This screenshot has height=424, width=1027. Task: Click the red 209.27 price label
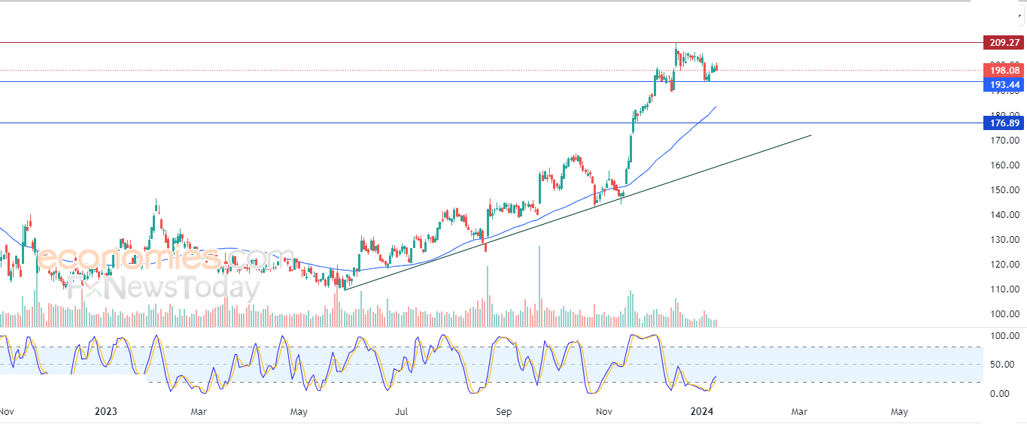pos(1004,43)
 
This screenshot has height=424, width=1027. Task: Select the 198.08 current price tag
pos(1004,71)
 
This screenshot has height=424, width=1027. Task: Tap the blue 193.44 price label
pos(1004,85)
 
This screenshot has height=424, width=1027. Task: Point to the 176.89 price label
pos(1004,123)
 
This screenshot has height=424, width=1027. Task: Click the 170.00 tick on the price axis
pos(1004,141)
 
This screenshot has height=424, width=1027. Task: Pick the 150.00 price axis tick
pos(1004,190)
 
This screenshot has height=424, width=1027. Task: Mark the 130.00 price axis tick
pos(1004,240)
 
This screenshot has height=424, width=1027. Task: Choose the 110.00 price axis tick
pos(1004,289)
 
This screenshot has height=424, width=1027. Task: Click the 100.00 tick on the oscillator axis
pos(1004,335)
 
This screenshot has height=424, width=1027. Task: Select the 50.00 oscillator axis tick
pos(1004,365)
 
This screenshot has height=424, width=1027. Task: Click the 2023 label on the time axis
pos(106,411)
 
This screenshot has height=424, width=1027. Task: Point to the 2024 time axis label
pos(702,411)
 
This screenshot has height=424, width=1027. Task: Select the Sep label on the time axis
pos(503,411)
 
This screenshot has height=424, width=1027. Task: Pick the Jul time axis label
pos(402,411)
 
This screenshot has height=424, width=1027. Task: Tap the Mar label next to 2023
pos(199,411)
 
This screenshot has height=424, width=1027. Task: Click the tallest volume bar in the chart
pos(539,286)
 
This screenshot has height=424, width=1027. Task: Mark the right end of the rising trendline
pos(811,135)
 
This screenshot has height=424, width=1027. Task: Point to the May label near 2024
pos(898,411)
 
